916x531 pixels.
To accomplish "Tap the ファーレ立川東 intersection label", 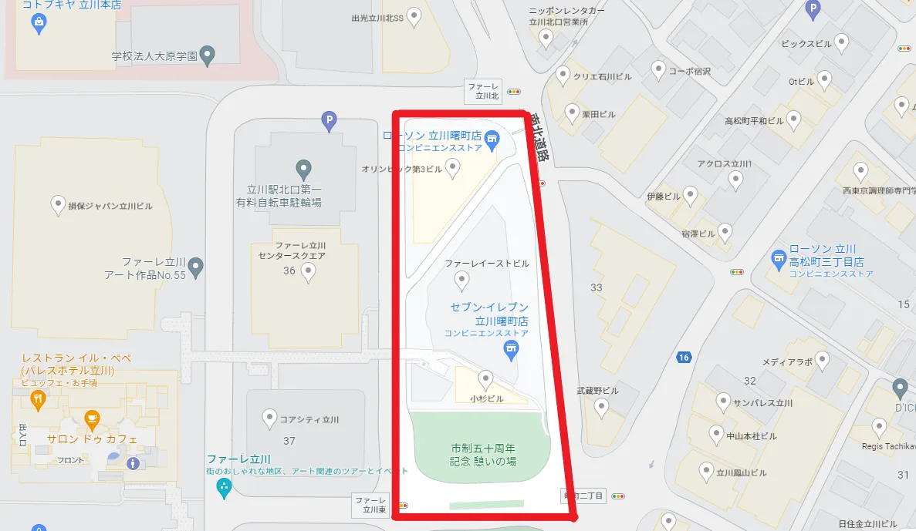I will coord(369,505).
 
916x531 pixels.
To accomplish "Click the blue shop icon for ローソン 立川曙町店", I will coord(494,139).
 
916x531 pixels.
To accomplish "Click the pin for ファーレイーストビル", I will coord(461,278).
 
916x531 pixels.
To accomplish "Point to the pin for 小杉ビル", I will coord(485,378).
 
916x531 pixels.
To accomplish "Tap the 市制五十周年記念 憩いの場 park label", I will coord(483,454).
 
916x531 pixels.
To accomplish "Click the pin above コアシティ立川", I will coord(269,418).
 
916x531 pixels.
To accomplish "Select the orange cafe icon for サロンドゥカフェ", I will coord(93,421).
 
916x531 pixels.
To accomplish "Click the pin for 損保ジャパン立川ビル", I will coord(57,205).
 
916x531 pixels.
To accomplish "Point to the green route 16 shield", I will coord(683,357).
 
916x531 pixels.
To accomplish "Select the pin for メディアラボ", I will coord(823,360).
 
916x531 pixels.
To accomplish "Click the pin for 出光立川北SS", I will coord(414,15).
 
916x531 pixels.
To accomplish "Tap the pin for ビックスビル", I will coord(842,42).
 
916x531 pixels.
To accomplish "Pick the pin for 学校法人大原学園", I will coord(207,55).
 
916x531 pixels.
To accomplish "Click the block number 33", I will coord(596,287).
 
